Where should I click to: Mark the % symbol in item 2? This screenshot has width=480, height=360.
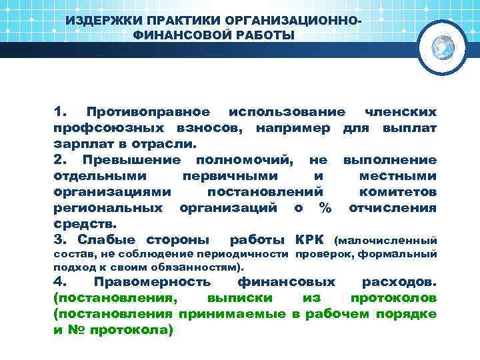(x=325, y=207)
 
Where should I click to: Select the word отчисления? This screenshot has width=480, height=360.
(x=393, y=207)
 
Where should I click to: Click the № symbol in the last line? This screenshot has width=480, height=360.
(x=78, y=329)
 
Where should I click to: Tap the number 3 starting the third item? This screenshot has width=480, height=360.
(x=57, y=239)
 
